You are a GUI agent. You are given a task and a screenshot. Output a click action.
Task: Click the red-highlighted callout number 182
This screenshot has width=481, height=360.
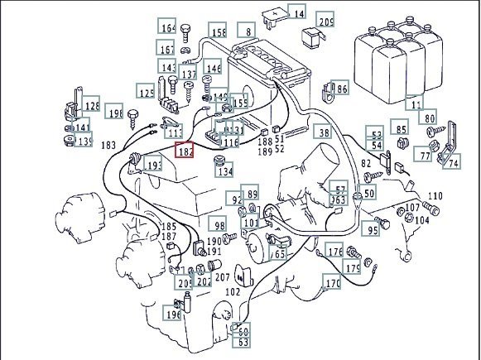point(184,151)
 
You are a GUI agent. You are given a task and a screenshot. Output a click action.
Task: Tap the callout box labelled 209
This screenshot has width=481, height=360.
point(326,22)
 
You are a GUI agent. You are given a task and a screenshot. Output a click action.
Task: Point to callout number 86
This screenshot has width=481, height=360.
point(341,88)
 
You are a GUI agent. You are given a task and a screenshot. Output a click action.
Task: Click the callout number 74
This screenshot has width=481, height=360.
point(453,164)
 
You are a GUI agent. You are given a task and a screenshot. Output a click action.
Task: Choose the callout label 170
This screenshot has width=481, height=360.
point(333,284)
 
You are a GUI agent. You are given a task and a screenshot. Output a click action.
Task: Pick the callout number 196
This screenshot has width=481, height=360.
point(172,314)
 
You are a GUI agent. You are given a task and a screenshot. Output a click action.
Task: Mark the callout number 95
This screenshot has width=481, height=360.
point(372,229)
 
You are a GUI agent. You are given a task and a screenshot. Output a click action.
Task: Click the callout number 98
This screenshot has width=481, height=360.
point(218,226)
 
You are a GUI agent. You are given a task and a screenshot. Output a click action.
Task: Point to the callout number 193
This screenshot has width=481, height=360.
point(154,166)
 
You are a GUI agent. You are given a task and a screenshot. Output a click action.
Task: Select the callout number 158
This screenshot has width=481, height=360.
point(218,33)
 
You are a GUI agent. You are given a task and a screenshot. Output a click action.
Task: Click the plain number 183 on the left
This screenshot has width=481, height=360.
point(108,146)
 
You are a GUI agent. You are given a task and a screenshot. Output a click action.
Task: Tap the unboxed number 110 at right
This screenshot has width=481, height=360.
point(435,196)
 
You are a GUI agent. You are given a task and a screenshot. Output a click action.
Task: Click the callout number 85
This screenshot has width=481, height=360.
point(401,130)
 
